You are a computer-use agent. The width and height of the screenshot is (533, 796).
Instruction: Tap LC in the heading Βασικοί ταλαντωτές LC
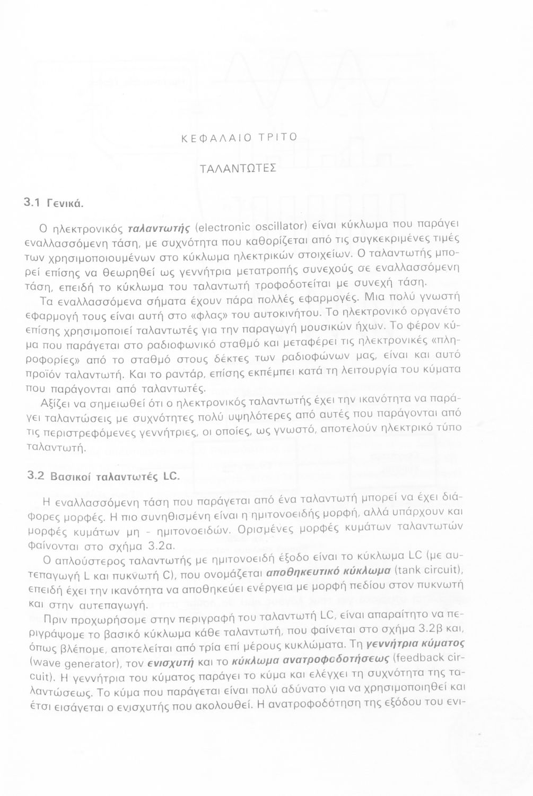[171, 475]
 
